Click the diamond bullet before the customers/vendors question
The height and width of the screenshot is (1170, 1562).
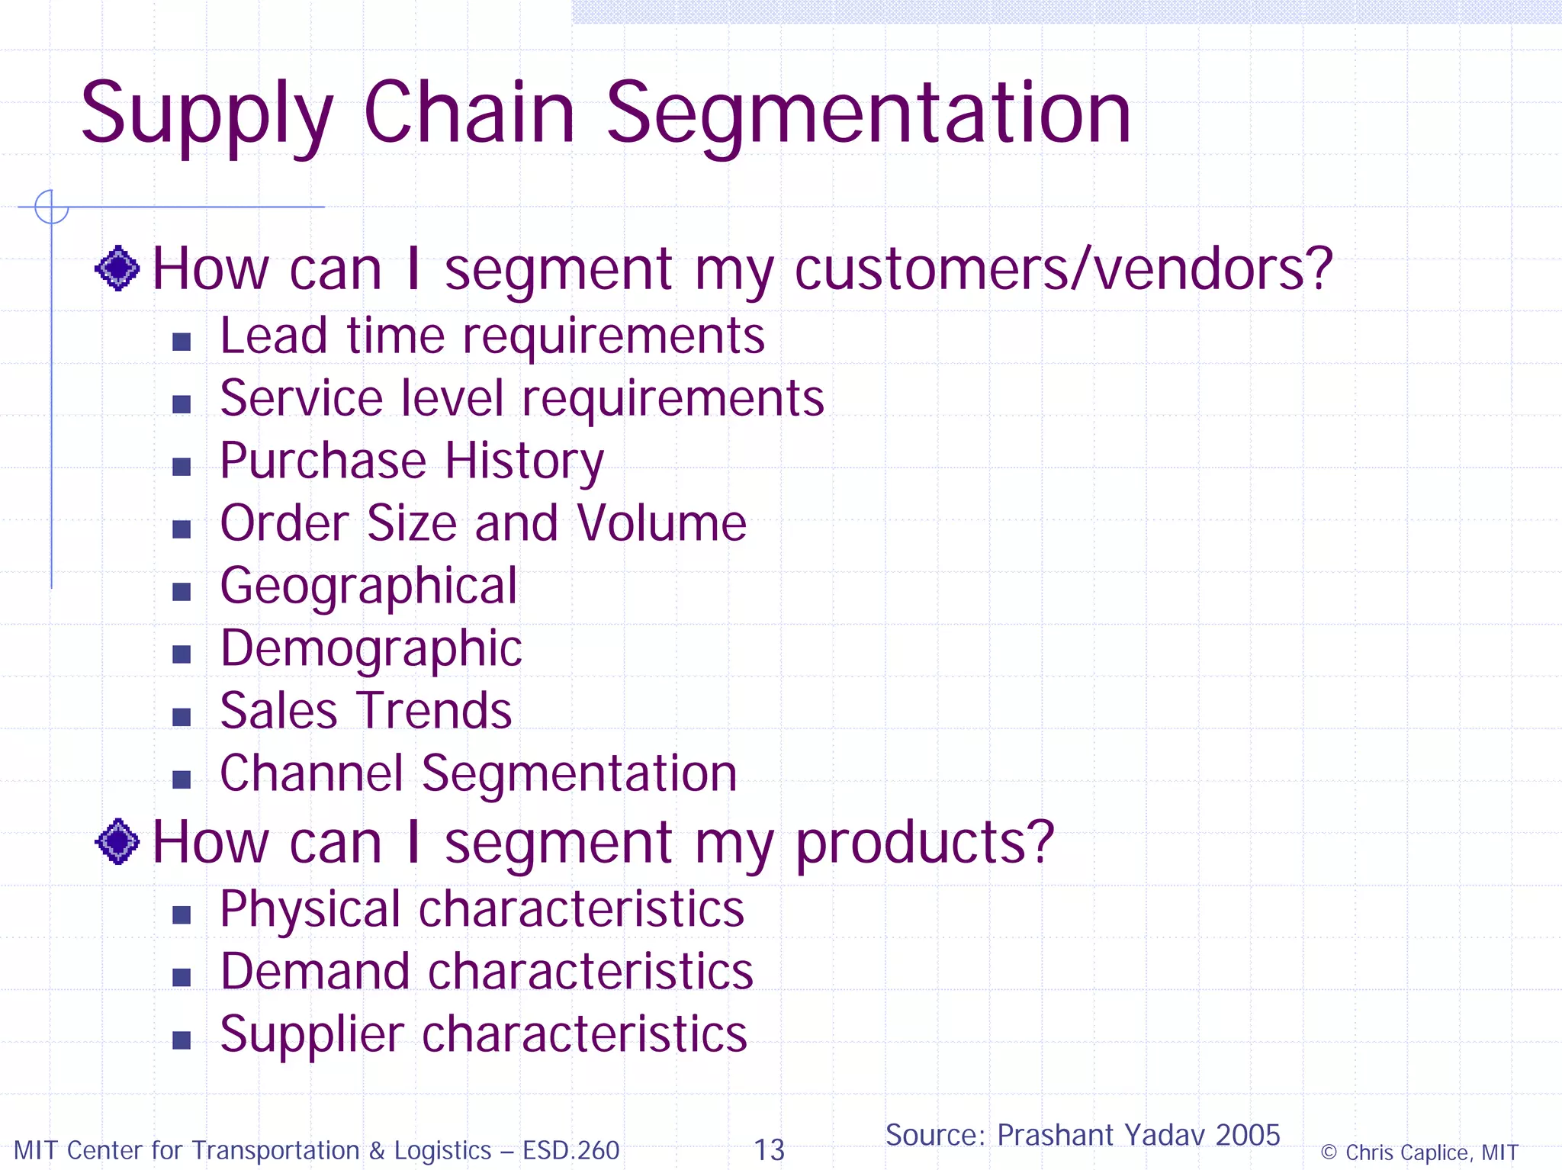(117, 268)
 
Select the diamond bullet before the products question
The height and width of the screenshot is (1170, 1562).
(117, 842)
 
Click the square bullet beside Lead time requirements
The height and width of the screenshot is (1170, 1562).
(182, 341)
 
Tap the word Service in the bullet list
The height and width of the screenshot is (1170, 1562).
(301, 398)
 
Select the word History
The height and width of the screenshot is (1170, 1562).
(525, 462)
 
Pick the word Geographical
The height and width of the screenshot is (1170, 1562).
(368, 587)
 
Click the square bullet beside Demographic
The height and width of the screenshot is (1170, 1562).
(182, 654)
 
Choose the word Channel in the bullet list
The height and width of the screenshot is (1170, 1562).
(311, 773)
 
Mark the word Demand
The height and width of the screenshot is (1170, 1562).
(315, 972)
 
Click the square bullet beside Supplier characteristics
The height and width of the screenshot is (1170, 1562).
(182, 1040)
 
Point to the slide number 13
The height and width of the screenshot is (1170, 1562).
(769, 1150)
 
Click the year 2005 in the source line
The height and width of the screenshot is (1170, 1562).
(1248, 1135)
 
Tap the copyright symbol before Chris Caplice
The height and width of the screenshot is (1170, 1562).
(1329, 1152)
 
